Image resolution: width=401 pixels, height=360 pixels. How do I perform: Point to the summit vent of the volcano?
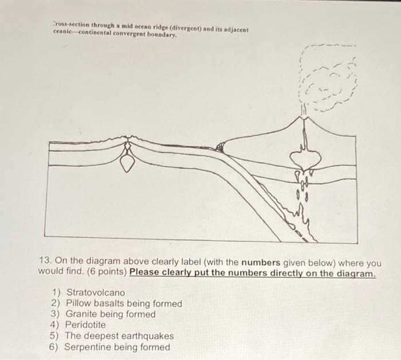tap(301, 117)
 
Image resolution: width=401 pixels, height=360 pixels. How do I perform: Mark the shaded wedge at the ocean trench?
tap(219, 148)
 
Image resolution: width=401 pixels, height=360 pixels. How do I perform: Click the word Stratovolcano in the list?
tap(96, 292)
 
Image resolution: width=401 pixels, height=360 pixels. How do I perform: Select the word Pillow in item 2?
tap(78, 303)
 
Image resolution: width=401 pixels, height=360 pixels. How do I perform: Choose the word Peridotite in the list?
tap(86, 325)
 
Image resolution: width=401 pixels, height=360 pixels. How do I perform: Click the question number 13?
tap(45, 263)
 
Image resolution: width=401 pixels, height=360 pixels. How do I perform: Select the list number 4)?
tap(56, 325)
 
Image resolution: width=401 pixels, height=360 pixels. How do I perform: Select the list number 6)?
tap(56, 347)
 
